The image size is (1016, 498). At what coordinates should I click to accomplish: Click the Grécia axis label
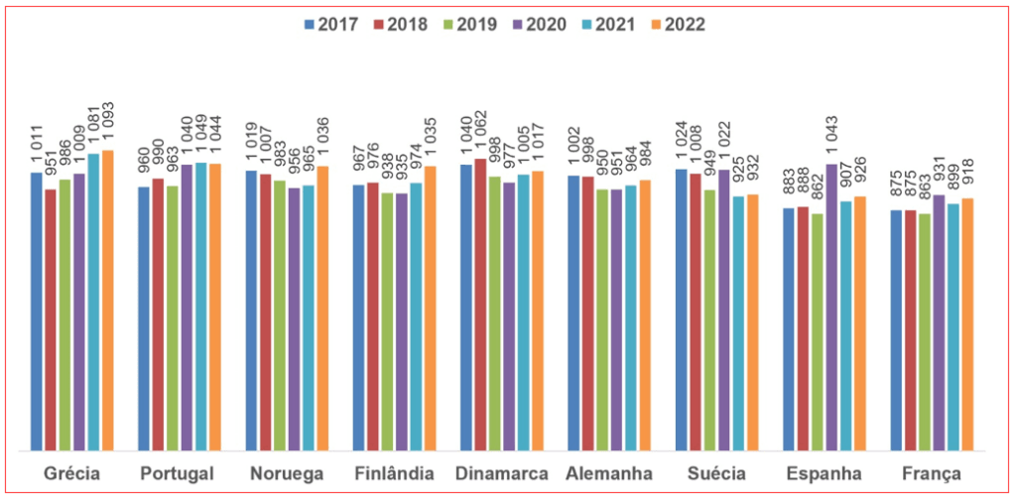coord(71,473)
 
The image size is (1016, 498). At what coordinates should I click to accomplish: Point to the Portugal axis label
coord(179,473)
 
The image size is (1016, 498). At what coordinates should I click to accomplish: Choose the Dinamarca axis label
coord(502,473)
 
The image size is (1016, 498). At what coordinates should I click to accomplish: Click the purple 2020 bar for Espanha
coord(831,308)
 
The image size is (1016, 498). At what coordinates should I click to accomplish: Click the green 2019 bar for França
coord(925,332)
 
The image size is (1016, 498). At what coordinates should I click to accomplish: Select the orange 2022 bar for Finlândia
coord(430,309)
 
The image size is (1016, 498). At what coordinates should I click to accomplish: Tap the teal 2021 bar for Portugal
coord(200,307)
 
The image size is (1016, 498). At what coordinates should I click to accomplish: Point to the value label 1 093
coord(109,125)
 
